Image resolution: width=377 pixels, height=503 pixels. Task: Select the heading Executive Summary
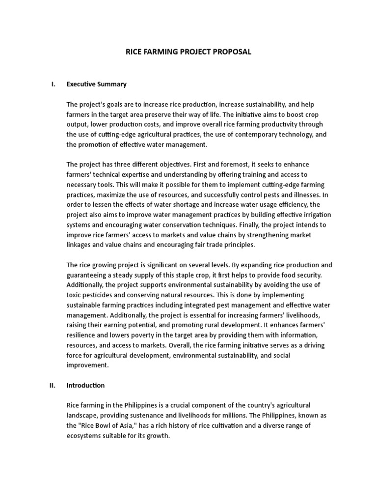pyautogui.click(x=96, y=84)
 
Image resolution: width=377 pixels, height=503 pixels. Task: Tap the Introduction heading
pyautogui.click(x=85, y=385)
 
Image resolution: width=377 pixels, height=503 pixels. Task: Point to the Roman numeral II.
pyautogui.click(x=53, y=385)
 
